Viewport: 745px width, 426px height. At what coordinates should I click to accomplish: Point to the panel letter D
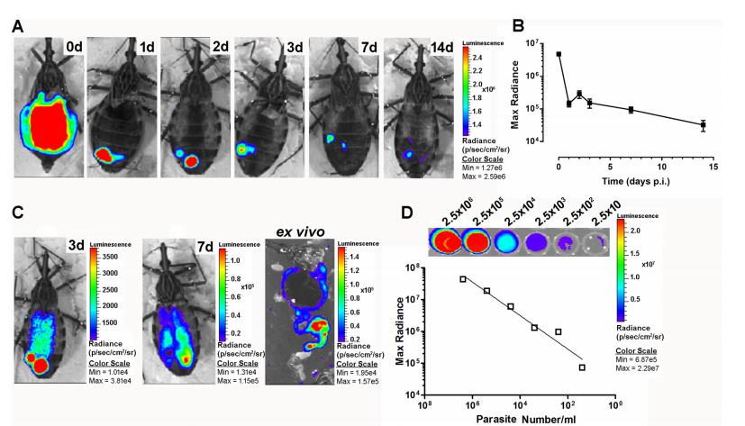pos(409,216)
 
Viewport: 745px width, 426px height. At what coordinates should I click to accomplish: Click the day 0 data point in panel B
pos(559,54)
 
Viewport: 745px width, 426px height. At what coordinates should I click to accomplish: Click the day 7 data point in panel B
pos(631,110)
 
